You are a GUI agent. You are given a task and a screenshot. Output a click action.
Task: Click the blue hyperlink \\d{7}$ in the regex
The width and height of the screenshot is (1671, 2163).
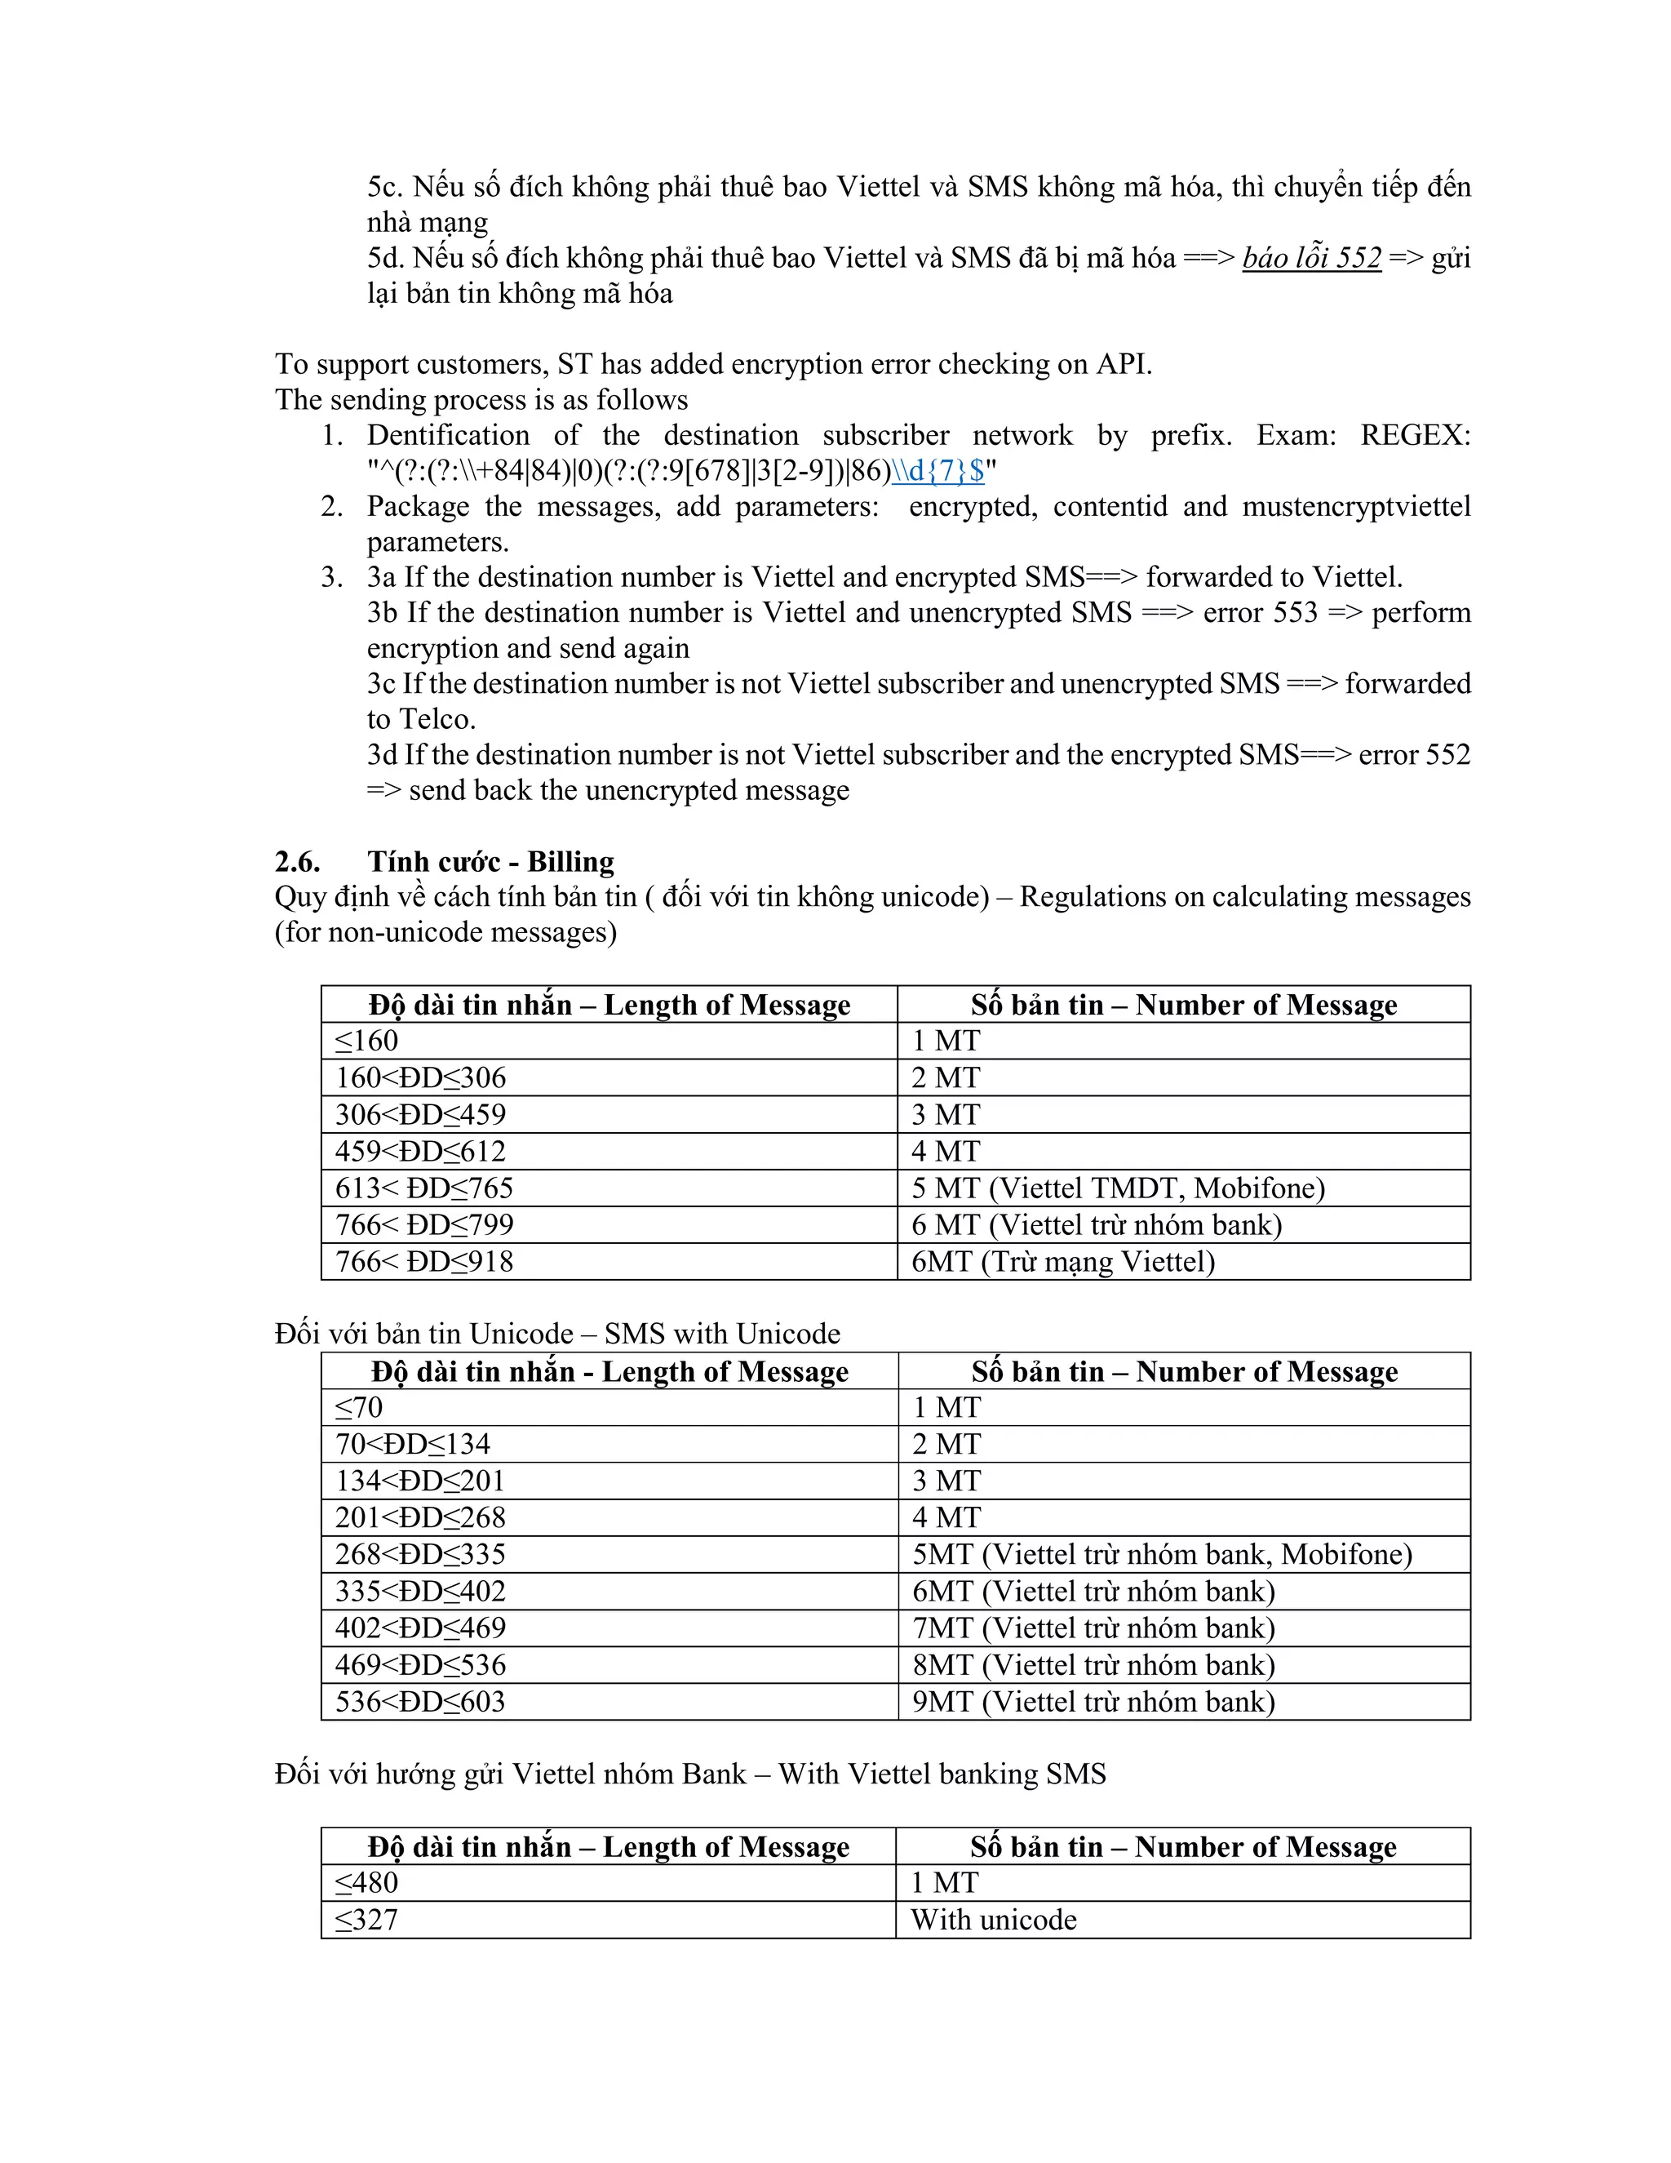937,472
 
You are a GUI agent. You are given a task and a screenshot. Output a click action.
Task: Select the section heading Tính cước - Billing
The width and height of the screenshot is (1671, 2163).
490,862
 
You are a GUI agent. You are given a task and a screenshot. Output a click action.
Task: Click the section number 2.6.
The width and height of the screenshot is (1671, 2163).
297,862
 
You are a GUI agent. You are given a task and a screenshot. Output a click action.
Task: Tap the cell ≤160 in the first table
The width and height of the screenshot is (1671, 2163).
367,1041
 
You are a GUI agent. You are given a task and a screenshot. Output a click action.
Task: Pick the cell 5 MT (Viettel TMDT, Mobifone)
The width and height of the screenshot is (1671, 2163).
1118,1188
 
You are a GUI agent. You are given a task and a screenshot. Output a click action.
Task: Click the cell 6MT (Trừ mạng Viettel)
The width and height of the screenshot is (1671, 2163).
1062,1262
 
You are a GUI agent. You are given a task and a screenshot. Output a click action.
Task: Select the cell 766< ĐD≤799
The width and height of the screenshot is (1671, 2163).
424,1225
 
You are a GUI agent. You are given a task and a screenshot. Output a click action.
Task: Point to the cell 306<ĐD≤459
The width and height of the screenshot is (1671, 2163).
421,1115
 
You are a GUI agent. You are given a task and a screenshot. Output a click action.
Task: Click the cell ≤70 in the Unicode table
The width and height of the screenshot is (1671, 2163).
359,1407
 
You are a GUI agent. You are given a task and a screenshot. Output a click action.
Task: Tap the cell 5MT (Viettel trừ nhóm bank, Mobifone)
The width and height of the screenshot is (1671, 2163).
1162,1554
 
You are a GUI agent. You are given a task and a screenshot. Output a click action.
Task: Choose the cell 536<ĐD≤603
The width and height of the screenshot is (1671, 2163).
421,1702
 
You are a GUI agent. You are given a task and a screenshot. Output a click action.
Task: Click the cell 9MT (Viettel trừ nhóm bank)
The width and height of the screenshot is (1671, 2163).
1093,1702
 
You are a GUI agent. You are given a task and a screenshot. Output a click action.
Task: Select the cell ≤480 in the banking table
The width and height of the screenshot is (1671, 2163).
367,1883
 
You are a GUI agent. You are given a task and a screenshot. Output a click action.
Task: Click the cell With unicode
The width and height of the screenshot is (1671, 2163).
993,1920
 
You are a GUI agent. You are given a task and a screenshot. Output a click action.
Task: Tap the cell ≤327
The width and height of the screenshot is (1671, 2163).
367,1920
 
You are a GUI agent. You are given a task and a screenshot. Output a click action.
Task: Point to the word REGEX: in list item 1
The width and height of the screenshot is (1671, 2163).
1415,436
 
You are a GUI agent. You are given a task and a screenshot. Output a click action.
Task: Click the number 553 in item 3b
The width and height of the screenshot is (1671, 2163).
1295,613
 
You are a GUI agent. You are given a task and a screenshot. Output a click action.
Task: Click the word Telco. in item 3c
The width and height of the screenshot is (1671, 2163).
422,720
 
